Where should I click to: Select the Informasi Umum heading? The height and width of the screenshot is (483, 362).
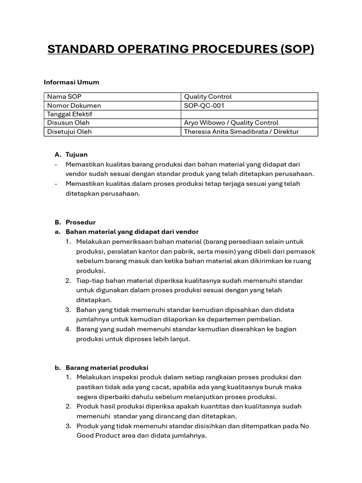click(x=72, y=82)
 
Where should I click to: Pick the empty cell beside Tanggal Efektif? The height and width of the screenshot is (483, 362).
click(x=249, y=114)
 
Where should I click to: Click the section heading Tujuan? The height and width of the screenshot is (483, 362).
click(x=76, y=154)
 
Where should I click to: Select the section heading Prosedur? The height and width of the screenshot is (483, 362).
click(x=81, y=222)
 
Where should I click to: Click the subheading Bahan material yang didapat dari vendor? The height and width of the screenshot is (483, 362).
click(x=132, y=232)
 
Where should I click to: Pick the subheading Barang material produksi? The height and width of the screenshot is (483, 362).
click(x=107, y=367)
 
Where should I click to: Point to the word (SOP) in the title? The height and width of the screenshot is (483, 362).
click(x=297, y=49)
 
